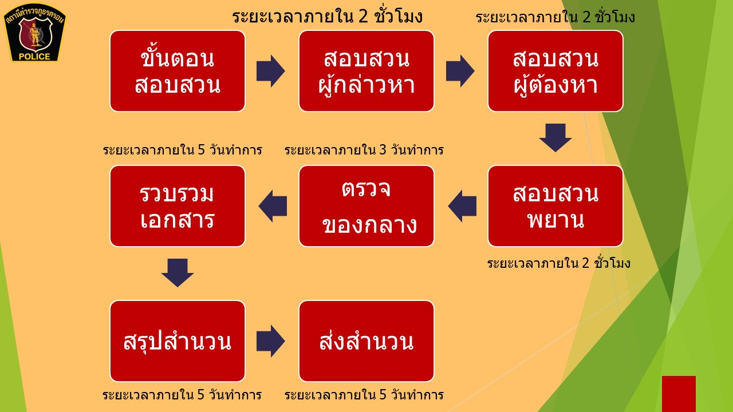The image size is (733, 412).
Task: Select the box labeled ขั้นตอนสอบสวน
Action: tap(178, 71)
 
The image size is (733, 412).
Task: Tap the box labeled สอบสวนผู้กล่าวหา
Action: tap(366, 71)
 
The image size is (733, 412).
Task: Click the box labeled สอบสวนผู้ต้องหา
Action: tap(555, 71)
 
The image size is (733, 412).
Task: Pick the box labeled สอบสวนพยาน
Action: tap(555, 206)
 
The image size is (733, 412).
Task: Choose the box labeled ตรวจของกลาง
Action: tap(366, 206)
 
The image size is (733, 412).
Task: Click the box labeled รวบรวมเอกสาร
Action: tap(178, 206)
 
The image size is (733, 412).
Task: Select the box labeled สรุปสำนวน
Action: tap(178, 341)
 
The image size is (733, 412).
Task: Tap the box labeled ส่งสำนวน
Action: tap(366, 341)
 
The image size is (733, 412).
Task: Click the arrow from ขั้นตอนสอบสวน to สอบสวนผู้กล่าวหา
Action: tap(270, 71)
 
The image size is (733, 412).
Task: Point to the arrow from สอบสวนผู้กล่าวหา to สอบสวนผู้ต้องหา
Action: tap(460, 71)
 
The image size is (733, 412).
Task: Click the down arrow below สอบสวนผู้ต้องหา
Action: tap(555, 137)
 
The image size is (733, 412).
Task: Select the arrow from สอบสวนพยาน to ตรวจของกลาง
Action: tap(462, 206)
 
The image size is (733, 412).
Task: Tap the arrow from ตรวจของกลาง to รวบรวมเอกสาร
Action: tap(273, 206)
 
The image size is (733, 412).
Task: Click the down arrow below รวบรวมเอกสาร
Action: tap(178, 272)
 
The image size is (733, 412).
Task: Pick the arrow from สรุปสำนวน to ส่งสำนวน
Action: tap(270, 341)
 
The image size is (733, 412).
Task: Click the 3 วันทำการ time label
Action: tap(364, 150)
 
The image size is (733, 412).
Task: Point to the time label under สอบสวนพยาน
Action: tap(558, 264)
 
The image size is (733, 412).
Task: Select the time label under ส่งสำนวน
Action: tap(364, 395)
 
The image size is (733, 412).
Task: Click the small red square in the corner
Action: tap(679, 394)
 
